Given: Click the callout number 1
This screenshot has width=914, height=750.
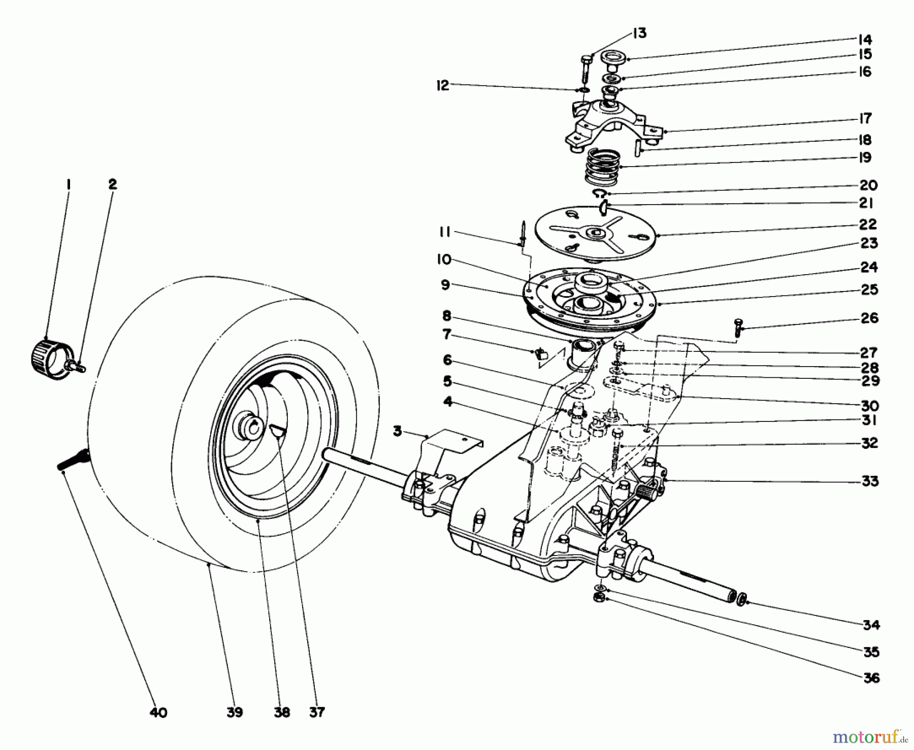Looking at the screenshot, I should coord(68,184).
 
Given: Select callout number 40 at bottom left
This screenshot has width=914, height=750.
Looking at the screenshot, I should coord(158,713).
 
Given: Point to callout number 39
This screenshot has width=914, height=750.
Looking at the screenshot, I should coord(234,712).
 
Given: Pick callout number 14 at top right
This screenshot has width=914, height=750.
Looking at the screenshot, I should coord(864,39).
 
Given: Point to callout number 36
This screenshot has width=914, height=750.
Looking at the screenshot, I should coord(871,677).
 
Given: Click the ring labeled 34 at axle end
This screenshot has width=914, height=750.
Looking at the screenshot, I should coord(742,600).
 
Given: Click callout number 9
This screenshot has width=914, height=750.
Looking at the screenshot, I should coord(445,285).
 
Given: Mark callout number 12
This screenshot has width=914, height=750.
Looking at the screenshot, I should coord(443,85).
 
